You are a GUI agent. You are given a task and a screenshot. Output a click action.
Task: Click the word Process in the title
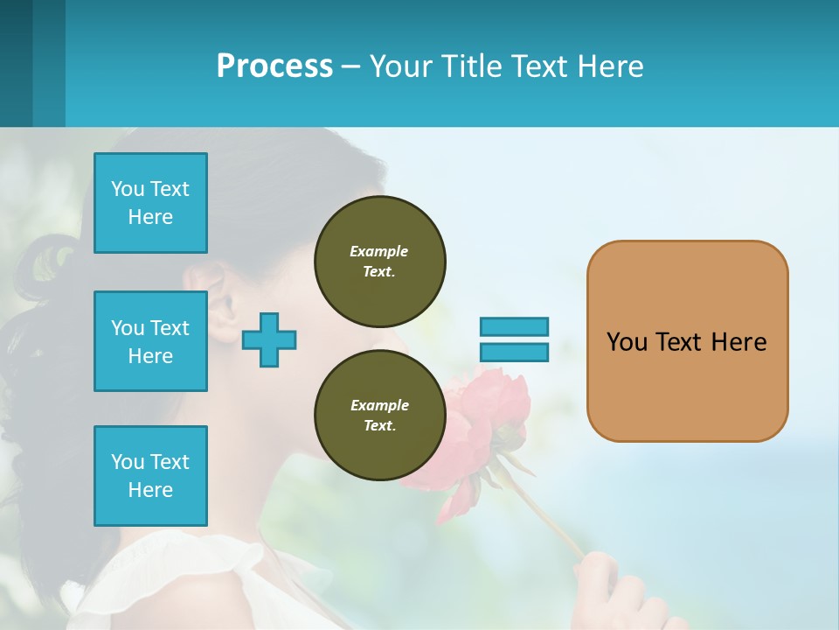click(x=274, y=66)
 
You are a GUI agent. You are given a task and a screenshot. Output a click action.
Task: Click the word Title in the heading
click(x=471, y=66)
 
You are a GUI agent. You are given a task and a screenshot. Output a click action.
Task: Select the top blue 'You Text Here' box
click(x=150, y=203)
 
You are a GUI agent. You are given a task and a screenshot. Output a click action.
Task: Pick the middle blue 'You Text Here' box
click(x=150, y=341)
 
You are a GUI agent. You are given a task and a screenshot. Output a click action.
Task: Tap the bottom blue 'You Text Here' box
click(x=150, y=476)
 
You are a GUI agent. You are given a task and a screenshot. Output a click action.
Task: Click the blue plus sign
click(x=269, y=339)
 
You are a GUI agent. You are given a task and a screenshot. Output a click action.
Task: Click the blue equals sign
click(x=514, y=339)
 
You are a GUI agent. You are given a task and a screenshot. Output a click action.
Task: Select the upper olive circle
click(x=379, y=261)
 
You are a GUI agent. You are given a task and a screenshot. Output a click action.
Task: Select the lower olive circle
click(x=379, y=415)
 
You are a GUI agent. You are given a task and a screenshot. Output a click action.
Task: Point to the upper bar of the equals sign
click(x=514, y=327)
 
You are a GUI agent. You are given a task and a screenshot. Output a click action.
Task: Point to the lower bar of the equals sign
click(x=514, y=353)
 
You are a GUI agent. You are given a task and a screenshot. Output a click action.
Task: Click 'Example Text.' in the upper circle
click(x=379, y=261)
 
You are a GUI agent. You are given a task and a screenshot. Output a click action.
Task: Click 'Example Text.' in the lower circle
click(x=379, y=415)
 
